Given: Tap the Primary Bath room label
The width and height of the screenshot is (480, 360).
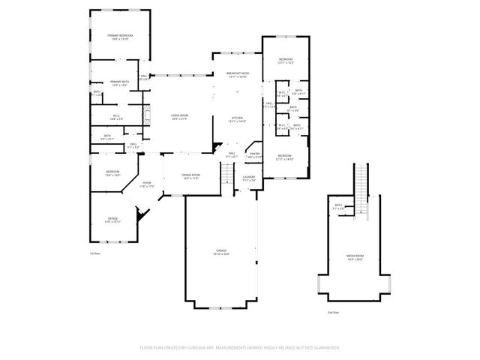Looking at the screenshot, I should [120, 83].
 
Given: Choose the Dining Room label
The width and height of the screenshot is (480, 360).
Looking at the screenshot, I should [190, 176].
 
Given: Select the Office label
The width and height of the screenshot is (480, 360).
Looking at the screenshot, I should [112, 220].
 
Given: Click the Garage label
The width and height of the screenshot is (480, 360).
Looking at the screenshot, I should [222, 251].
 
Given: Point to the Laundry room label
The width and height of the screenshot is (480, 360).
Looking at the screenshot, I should [249, 179].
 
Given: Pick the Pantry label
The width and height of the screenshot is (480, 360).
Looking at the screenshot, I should [254, 155].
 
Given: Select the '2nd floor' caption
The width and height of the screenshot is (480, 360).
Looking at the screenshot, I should [334, 311].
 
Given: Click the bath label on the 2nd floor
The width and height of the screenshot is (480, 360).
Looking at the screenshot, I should [338, 206].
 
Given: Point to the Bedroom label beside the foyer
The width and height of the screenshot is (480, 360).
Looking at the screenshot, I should [112, 173].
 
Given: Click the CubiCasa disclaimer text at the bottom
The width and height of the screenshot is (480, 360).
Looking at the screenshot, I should [240, 348].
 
